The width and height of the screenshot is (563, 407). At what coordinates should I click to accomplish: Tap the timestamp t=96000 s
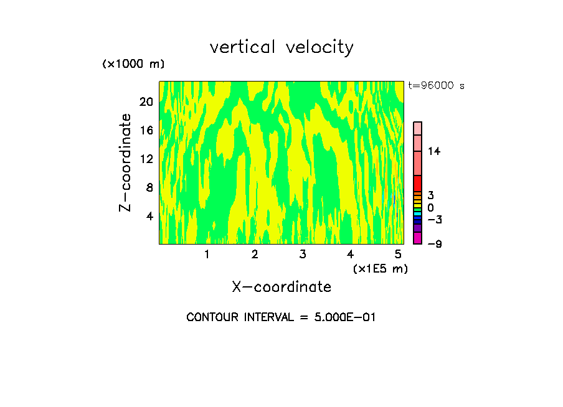436,86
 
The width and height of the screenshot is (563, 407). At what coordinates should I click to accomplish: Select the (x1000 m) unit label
133,64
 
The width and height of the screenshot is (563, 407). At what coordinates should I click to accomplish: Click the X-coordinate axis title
281,287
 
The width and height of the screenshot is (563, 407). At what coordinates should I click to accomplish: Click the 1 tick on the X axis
207,254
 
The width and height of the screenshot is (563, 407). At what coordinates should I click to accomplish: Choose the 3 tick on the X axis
302,254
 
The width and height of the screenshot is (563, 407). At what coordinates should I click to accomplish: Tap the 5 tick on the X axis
397,254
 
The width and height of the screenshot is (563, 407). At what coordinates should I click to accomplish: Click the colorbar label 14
434,151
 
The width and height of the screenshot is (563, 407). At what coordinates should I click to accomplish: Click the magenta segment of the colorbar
418,238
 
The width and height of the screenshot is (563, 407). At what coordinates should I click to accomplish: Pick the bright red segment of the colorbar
418,183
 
